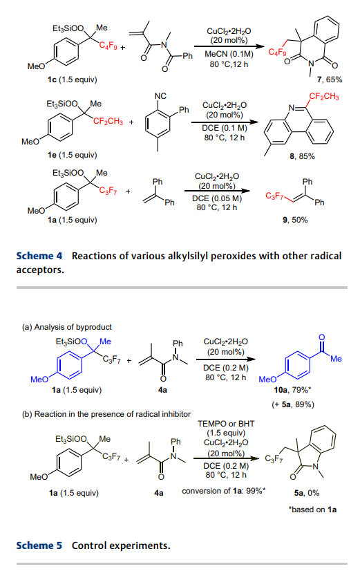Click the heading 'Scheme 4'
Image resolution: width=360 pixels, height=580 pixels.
pyautogui.click(x=39, y=256)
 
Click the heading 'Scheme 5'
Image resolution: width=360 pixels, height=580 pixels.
pyautogui.click(x=39, y=545)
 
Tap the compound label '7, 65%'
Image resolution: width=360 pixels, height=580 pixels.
pyautogui.click(x=330, y=79)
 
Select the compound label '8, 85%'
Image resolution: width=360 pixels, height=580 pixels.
pyautogui.click(x=302, y=156)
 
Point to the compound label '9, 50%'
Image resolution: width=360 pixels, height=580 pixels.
pyautogui.click(x=295, y=220)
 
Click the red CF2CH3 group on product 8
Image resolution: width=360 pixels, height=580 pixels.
pyautogui.click(x=324, y=97)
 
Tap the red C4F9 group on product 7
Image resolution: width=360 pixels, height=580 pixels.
pyautogui.click(x=277, y=52)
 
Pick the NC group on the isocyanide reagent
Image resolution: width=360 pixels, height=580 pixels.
pyautogui.click(x=160, y=96)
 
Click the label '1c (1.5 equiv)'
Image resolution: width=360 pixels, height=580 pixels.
pyautogui.click(x=72, y=79)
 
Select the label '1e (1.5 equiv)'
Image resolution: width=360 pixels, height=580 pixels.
pyautogui.click(x=72, y=155)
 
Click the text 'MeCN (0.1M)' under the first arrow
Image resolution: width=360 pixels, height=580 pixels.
pyautogui.click(x=229, y=55)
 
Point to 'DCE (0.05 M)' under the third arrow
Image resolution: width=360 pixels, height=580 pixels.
pyautogui.click(x=217, y=198)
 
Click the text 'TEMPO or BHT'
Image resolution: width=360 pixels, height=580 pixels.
pyautogui.click(x=226, y=424)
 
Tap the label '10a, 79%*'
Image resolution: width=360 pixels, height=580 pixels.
pyautogui.click(x=292, y=390)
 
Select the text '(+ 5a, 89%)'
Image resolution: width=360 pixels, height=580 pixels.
pyautogui.click(x=293, y=404)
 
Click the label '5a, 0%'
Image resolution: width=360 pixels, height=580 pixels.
pyautogui.click(x=306, y=493)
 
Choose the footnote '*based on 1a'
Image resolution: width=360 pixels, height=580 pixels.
pyautogui.click(x=312, y=509)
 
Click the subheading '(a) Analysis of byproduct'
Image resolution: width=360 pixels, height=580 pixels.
pyautogui.click(x=67, y=327)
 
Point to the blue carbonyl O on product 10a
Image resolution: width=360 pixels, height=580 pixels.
pyautogui.click(x=321, y=337)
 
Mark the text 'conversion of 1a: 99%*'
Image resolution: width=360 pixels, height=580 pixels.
pyautogui.click(x=224, y=491)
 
